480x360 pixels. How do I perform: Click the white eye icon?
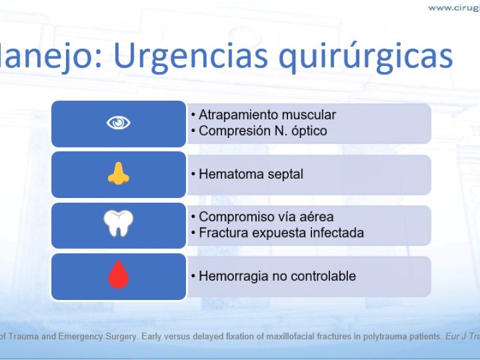click(x=118, y=123)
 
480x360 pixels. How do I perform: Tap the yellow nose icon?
click(x=118, y=173)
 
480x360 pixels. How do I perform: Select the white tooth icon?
click(x=118, y=223)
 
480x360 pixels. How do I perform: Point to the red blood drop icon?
click(x=118, y=275)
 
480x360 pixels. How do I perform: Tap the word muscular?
click(x=308, y=115)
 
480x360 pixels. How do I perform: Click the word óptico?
click(x=309, y=131)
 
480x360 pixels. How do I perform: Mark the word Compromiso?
click(x=232, y=217)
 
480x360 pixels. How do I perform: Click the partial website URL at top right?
click(x=454, y=8)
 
